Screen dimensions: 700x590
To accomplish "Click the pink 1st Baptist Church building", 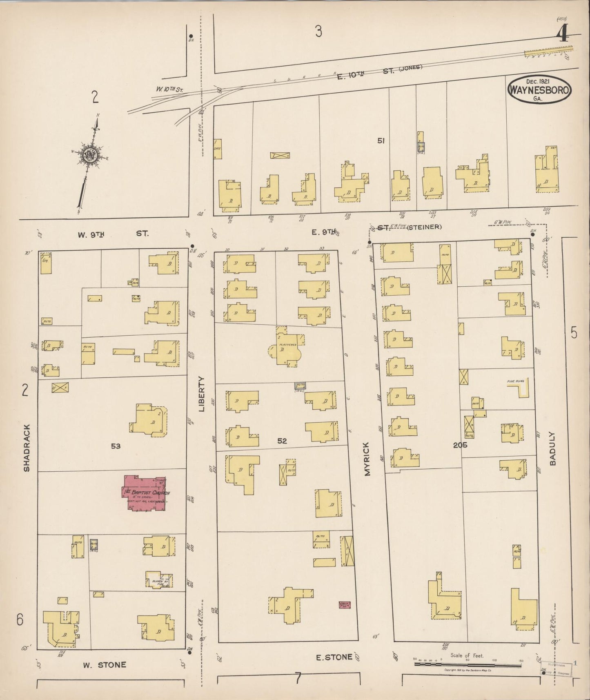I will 145,493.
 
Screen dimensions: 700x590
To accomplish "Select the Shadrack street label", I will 27,448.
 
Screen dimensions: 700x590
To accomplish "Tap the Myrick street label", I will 367,459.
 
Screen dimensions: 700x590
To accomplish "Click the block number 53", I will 116,446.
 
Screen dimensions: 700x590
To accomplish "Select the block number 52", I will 282,441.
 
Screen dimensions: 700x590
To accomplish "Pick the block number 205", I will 460,445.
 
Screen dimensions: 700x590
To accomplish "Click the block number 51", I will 381,140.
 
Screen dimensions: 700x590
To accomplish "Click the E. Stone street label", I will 334,657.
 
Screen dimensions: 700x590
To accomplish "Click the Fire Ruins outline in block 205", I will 520,387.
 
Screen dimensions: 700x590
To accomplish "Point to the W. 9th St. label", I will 113,234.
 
